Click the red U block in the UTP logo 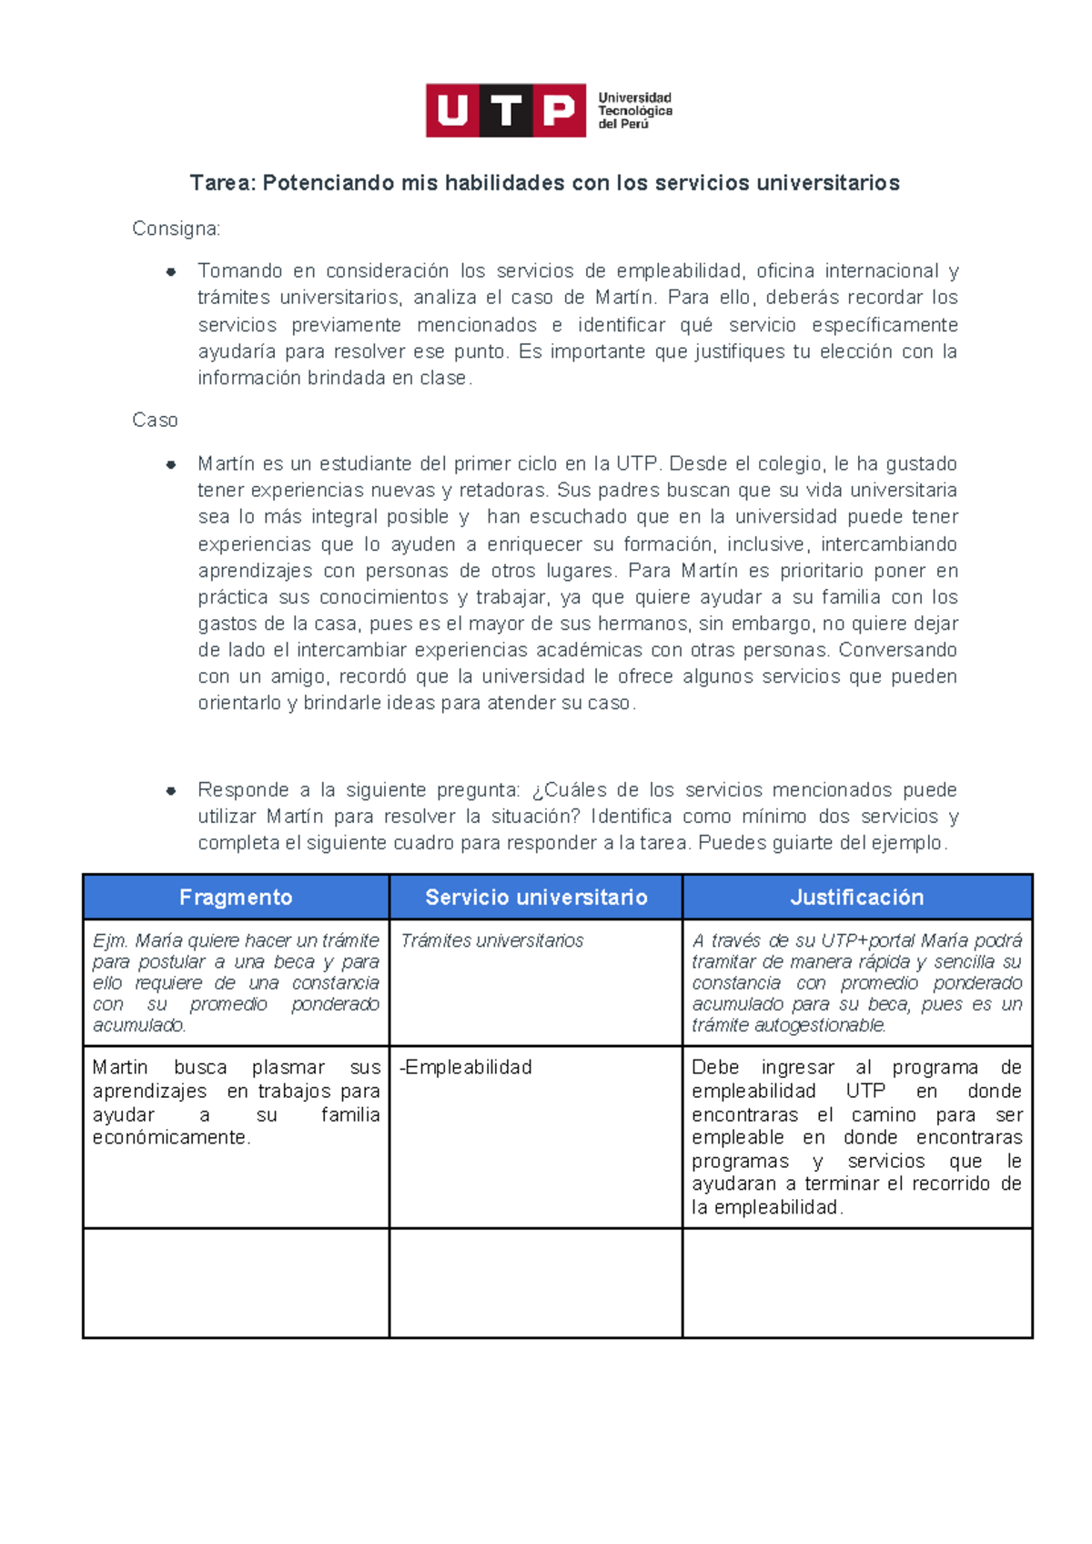pyautogui.click(x=452, y=111)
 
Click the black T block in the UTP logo pyautogui.click(x=506, y=111)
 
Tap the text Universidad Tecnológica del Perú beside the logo pyautogui.click(x=634, y=111)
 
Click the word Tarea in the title pyautogui.click(x=222, y=183)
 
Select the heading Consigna pyautogui.click(x=176, y=229)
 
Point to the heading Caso pyautogui.click(x=155, y=421)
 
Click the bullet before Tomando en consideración pyautogui.click(x=170, y=271)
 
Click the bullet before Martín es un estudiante pyautogui.click(x=170, y=464)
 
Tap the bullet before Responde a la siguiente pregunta pyautogui.click(x=170, y=790)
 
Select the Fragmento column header pyautogui.click(x=236, y=898)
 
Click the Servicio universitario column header pyautogui.click(x=536, y=898)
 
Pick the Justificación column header pyautogui.click(x=856, y=898)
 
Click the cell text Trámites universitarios pyautogui.click(x=491, y=941)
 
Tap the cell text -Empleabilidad pyautogui.click(x=466, y=1067)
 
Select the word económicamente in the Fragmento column pyautogui.click(x=169, y=1138)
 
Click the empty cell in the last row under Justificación pyautogui.click(x=856, y=1283)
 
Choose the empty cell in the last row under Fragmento pyautogui.click(x=236, y=1283)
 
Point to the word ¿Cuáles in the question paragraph pyautogui.click(x=568, y=790)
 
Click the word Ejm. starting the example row pyautogui.click(x=110, y=941)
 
